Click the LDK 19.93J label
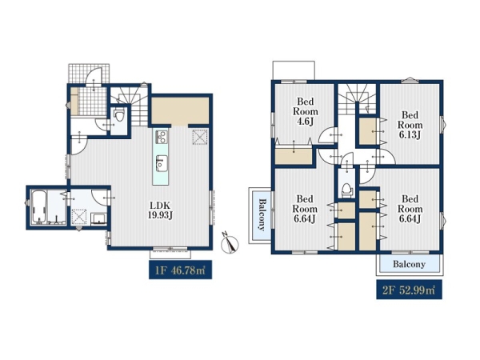tap(161, 210)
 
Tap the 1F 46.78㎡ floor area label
tap(180, 270)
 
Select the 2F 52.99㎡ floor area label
tap(409, 290)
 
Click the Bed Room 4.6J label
tap(306, 111)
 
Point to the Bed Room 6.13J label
tap(410, 125)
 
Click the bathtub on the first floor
tap(39, 207)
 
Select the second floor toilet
tap(346, 189)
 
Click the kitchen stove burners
tap(161, 137)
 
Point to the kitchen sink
tap(161, 163)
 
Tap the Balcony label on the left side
tap(262, 214)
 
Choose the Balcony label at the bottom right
tap(410, 264)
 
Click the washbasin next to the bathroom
tap(99, 219)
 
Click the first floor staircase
tap(130, 104)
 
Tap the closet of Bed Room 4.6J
tap(294, 156)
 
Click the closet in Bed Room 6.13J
tap(368, 131)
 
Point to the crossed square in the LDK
tap(199, 137)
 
